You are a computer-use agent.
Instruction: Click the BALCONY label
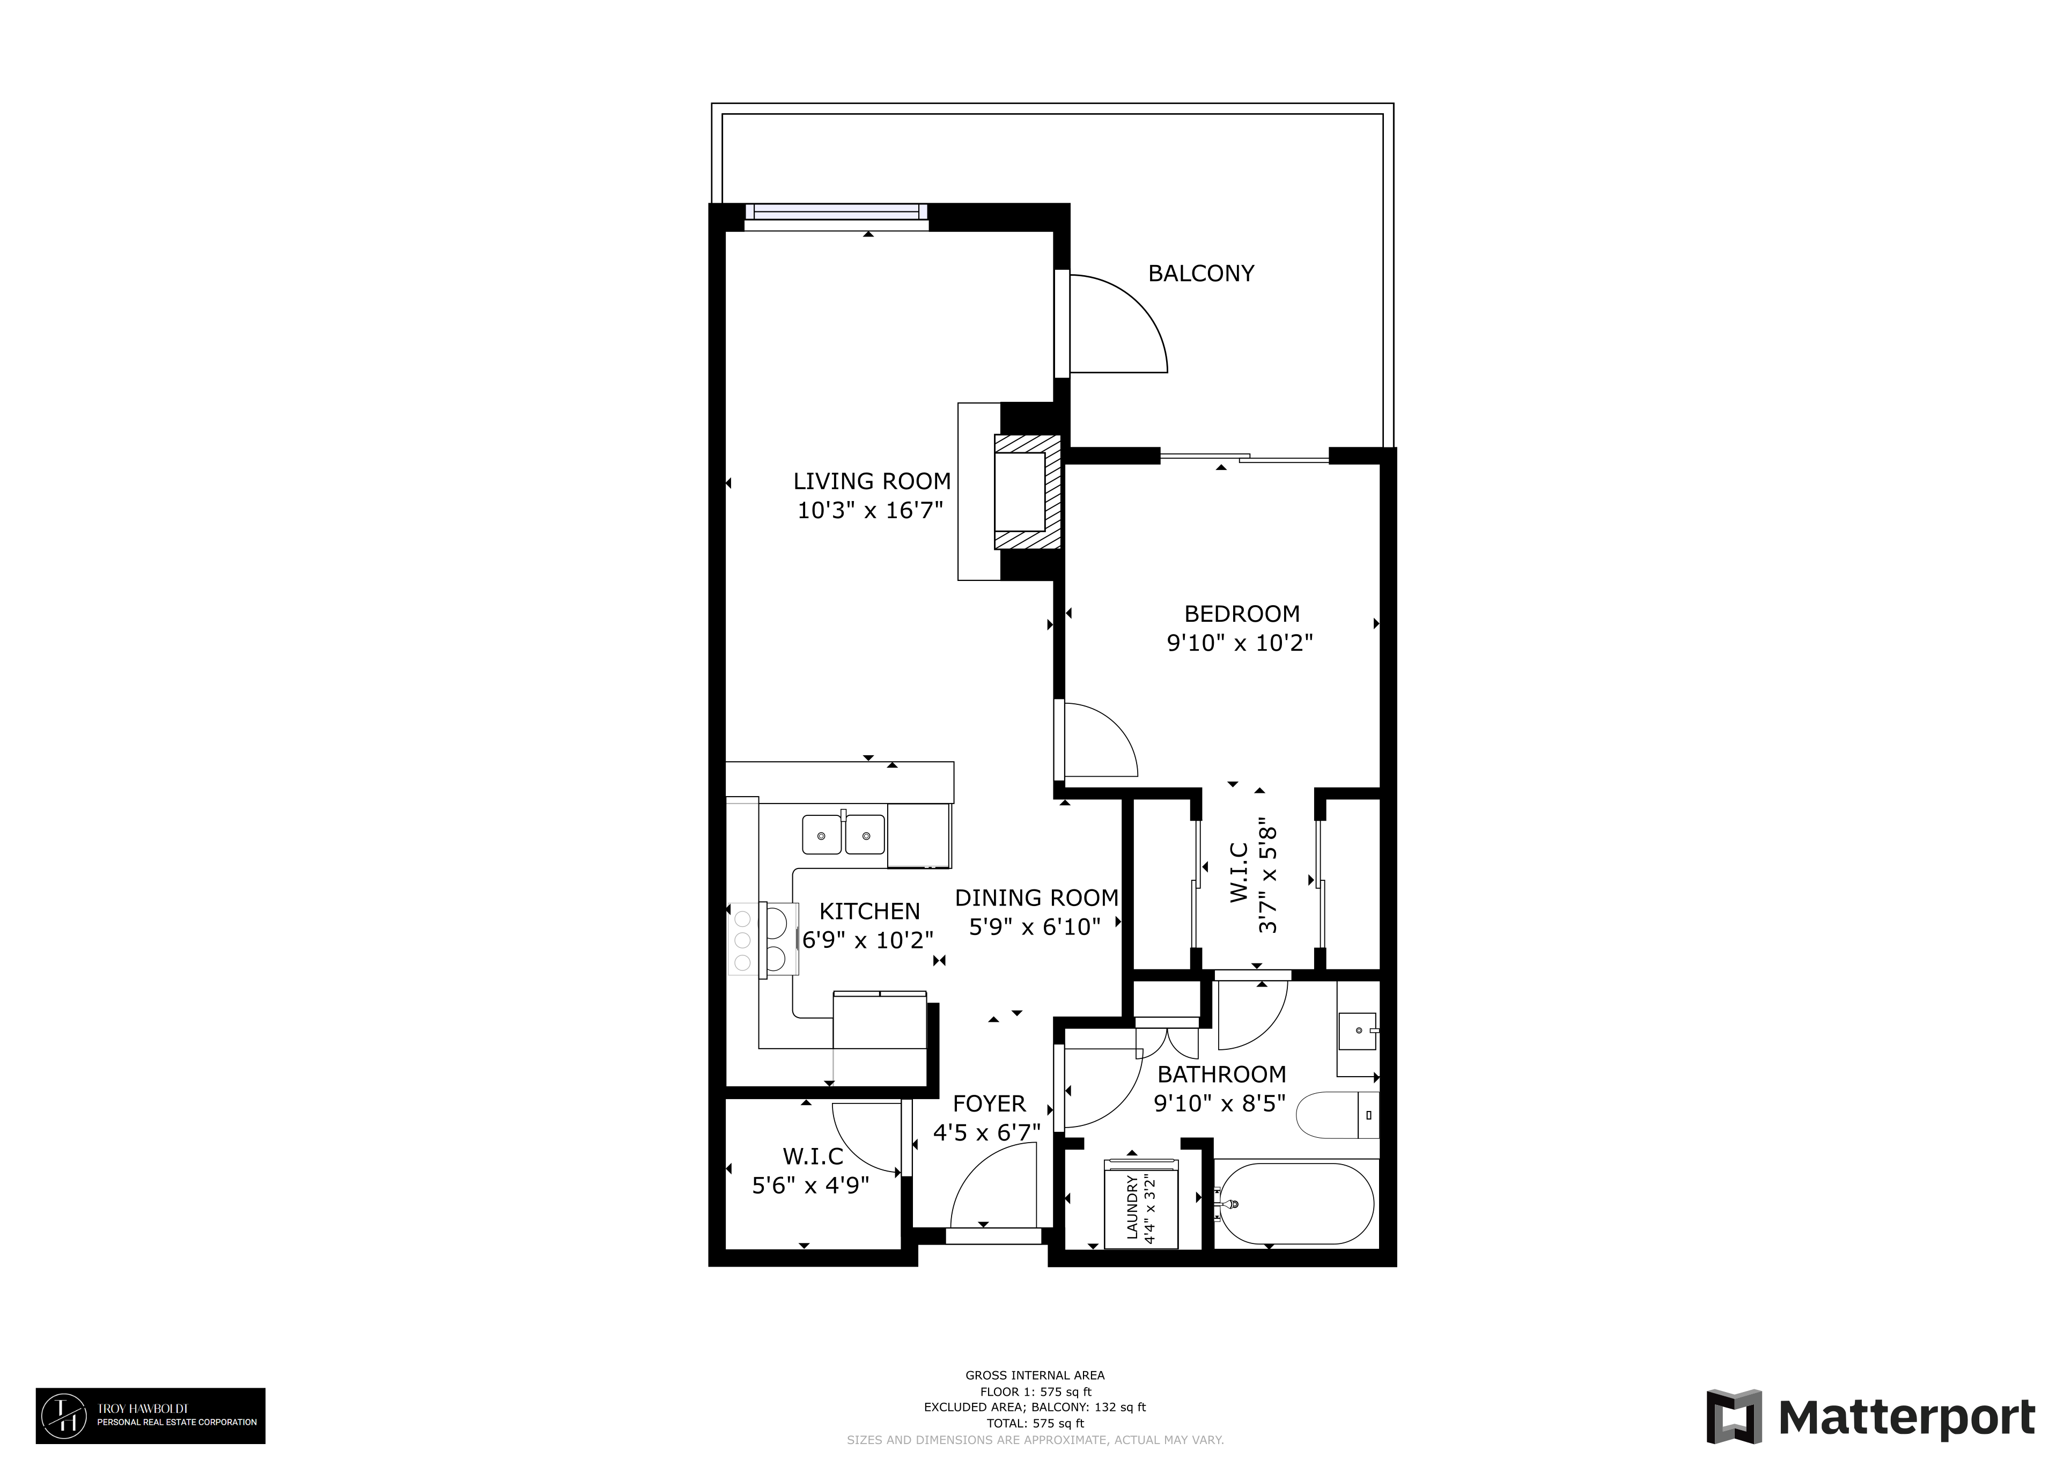click(1200, 274)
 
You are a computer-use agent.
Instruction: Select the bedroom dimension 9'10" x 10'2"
click(1240, 643)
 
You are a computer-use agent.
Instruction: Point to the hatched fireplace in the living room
click(1027, 491)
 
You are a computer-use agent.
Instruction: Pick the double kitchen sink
click(843, 835)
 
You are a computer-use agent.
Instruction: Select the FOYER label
click(990, 1103)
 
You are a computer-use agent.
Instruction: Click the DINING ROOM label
click(1036, 897)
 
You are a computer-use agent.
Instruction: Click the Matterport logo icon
click(1734, 1417)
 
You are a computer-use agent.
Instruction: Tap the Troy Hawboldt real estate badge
click(151, 1416)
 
